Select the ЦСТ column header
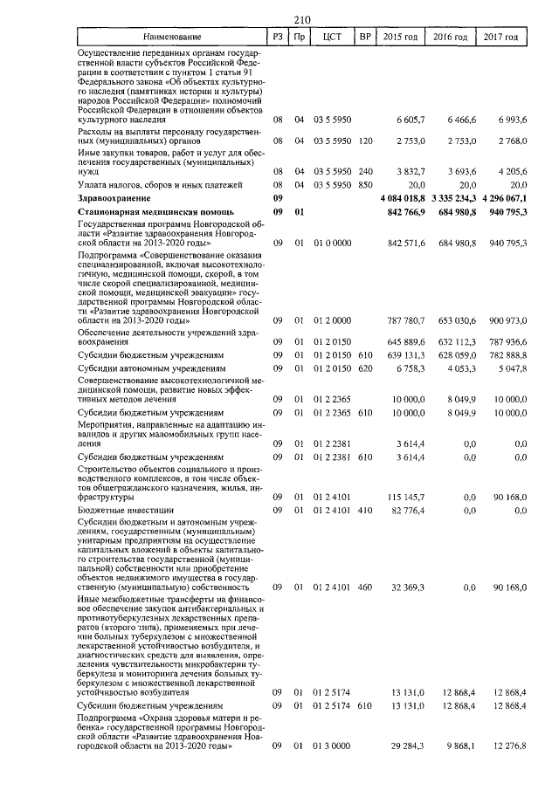coord(331,38)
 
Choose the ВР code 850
coord(366,186)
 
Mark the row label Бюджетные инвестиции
coord(119,508)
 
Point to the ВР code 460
coord(366,588)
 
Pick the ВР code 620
coord(366,368)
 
